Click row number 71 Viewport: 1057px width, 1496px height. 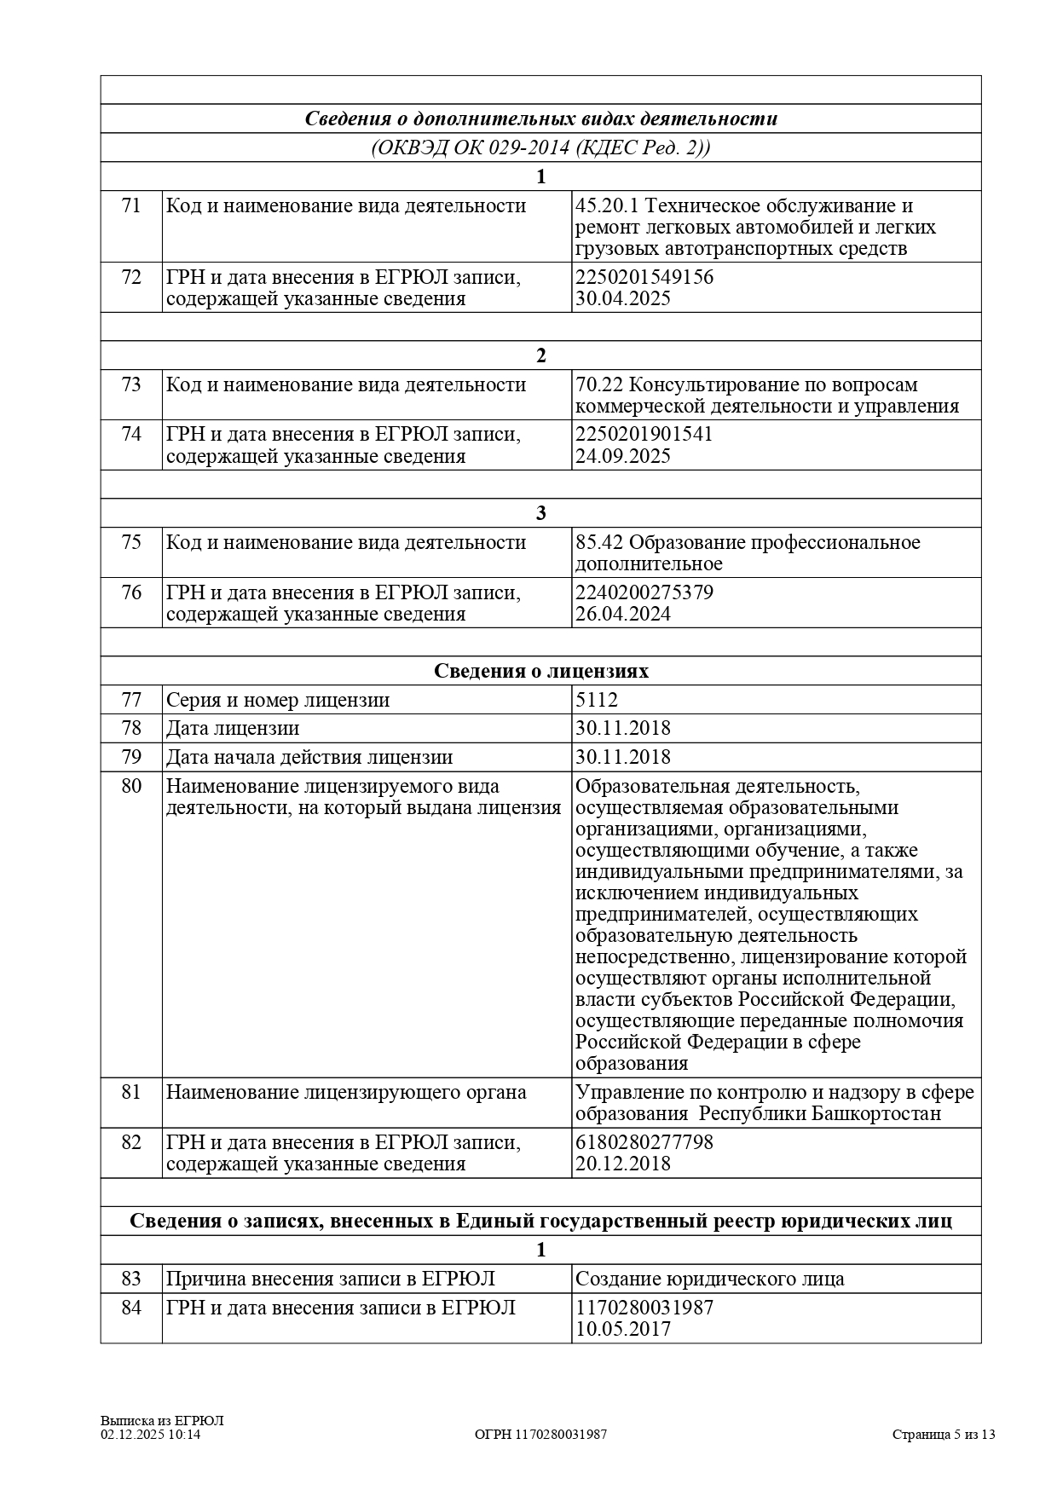tap(131, 206)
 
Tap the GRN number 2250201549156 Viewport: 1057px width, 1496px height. tap(644, 278)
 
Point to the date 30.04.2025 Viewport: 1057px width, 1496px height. tap(622, 299)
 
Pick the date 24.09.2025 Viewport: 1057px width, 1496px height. tap(622, 456)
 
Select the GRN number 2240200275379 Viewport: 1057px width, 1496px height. tap(644, 592)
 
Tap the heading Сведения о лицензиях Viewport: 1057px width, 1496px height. tap(540, 672)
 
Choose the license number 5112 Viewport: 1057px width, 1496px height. tap(597, 701)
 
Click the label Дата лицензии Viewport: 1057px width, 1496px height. tap(233, 729)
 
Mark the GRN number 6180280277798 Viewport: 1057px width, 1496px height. tap(644, 1142)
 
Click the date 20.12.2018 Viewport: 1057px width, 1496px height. tap(622, 1164)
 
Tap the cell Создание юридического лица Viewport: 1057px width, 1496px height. tap(710, 1279)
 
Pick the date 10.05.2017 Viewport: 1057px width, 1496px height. tap(622, 1330)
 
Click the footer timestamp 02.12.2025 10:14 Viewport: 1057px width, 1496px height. tap(151, 1435)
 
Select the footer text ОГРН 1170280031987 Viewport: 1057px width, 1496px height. tap(540, 1435)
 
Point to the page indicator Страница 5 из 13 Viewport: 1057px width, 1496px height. tap(944, 1435)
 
